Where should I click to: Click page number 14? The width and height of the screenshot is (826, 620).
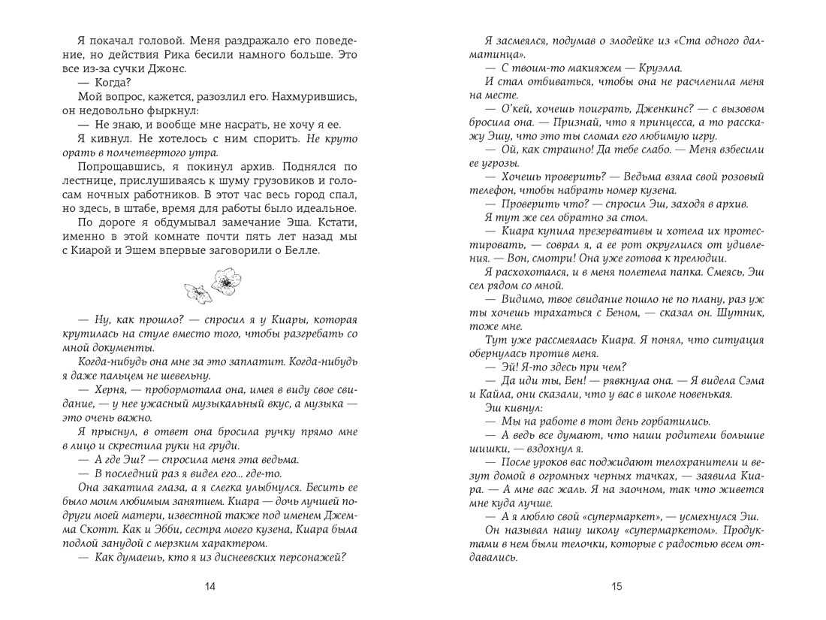(x=210, y=588)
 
